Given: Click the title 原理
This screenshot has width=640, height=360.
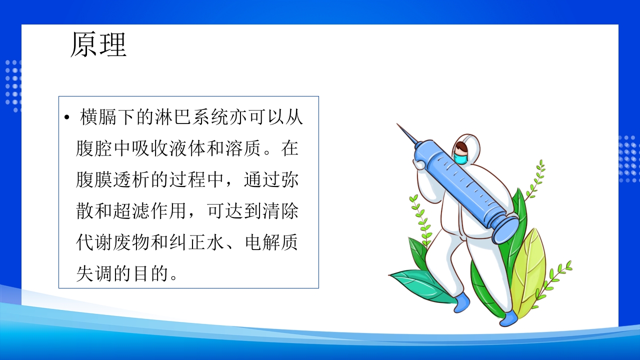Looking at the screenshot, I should (x=98, y=44).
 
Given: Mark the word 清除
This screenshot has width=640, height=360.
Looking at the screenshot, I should (x=281, y=210).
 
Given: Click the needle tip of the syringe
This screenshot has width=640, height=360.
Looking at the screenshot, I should (x=399, y=125).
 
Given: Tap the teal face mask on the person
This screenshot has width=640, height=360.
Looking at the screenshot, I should (x=460, y=158).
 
